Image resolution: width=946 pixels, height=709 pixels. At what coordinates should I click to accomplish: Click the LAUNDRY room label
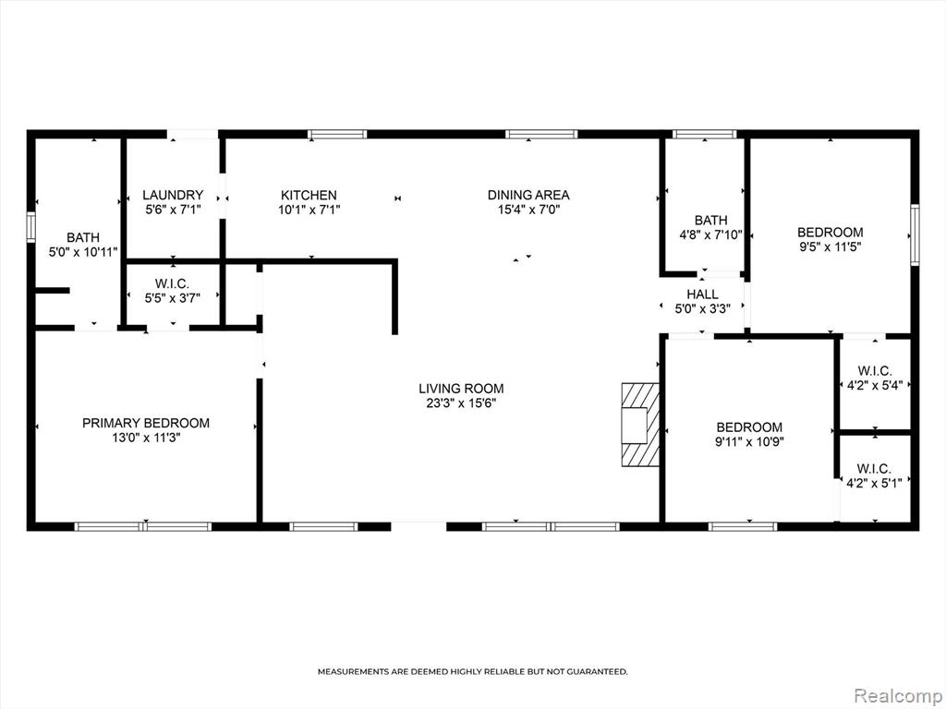(x=173, y=196)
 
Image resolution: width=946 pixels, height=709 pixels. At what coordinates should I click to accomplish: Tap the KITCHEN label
(x=309, y=196)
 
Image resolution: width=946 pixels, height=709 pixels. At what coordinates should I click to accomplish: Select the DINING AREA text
(x=528, y=195)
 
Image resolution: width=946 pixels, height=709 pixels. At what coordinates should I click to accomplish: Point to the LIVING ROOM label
(x=462, y=389)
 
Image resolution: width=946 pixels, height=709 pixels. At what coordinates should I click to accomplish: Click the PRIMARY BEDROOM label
(x=146, y=423)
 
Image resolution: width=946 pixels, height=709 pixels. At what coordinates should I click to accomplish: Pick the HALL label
(x=703, y=294)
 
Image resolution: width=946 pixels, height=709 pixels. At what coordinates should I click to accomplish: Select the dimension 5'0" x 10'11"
(x=83, y=252)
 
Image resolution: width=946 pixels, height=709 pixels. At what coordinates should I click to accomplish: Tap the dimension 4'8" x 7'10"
(x=710, y=235)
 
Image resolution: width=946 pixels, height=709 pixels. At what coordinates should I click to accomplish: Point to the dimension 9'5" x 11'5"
(x=831, y=246)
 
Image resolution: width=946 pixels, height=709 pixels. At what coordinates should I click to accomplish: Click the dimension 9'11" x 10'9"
(x=750, y=442)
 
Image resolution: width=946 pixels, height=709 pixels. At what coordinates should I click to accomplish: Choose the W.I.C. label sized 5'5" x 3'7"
(x=173, y=283)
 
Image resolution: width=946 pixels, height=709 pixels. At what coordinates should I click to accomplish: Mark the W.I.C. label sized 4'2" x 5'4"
(x=874, y=371)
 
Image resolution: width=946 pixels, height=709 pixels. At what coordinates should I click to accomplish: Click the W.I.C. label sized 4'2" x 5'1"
(x=874, y=469)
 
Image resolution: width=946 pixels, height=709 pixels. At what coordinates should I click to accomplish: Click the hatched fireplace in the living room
(x=641, y=425)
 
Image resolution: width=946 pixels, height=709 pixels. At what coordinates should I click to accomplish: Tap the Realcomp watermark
(x=897, y=696)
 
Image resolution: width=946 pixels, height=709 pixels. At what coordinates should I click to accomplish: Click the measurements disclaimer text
(x=473, y=671)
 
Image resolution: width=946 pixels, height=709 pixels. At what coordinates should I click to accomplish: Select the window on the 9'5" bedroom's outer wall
(x=915, y=234)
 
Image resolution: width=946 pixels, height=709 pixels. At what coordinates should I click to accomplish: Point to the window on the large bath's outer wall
(x=30, y=227)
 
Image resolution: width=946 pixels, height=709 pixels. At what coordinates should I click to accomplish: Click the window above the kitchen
(x=337, y=135)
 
